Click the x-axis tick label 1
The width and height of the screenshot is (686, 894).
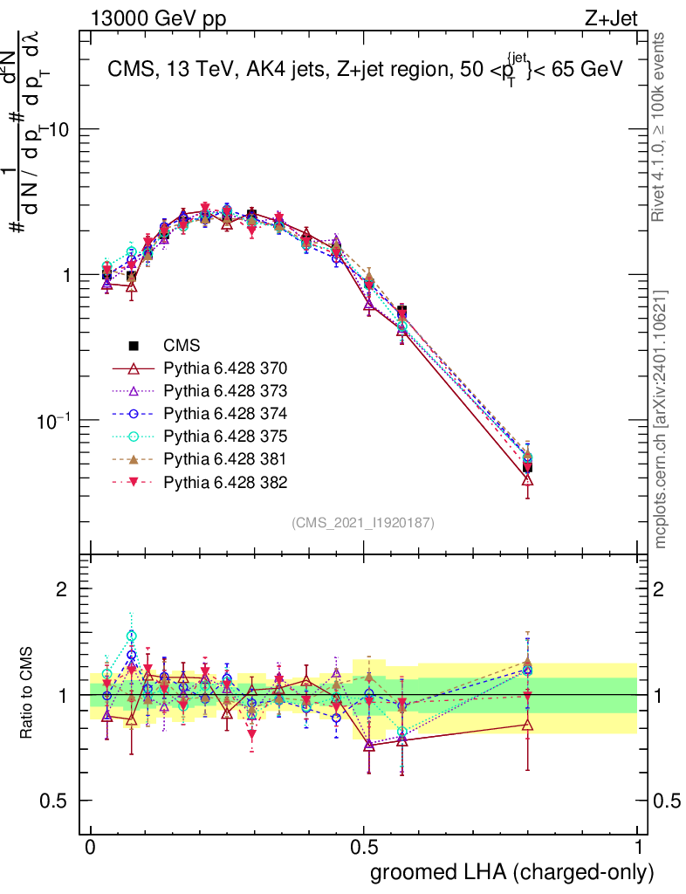point(638,848)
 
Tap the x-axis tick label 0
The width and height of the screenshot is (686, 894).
point(91,848)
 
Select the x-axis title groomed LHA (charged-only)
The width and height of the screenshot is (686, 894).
point(512,872)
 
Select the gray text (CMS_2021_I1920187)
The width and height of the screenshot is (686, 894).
point(362,522)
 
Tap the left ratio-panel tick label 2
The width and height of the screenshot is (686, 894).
point(62,589)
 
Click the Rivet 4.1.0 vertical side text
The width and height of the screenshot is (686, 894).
point(661,127)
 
